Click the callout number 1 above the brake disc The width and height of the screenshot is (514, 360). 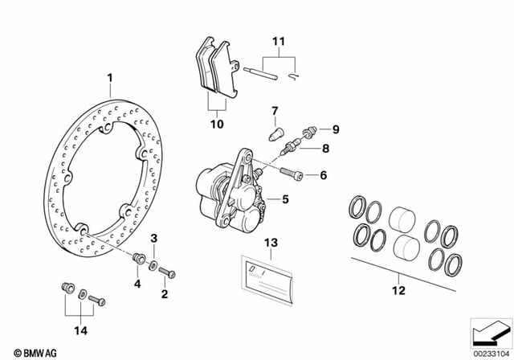[111, 78]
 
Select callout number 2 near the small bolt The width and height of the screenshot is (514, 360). [165, 295]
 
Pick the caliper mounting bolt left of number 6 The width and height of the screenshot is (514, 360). [294, 172]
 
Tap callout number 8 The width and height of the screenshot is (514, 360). [326, 149]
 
